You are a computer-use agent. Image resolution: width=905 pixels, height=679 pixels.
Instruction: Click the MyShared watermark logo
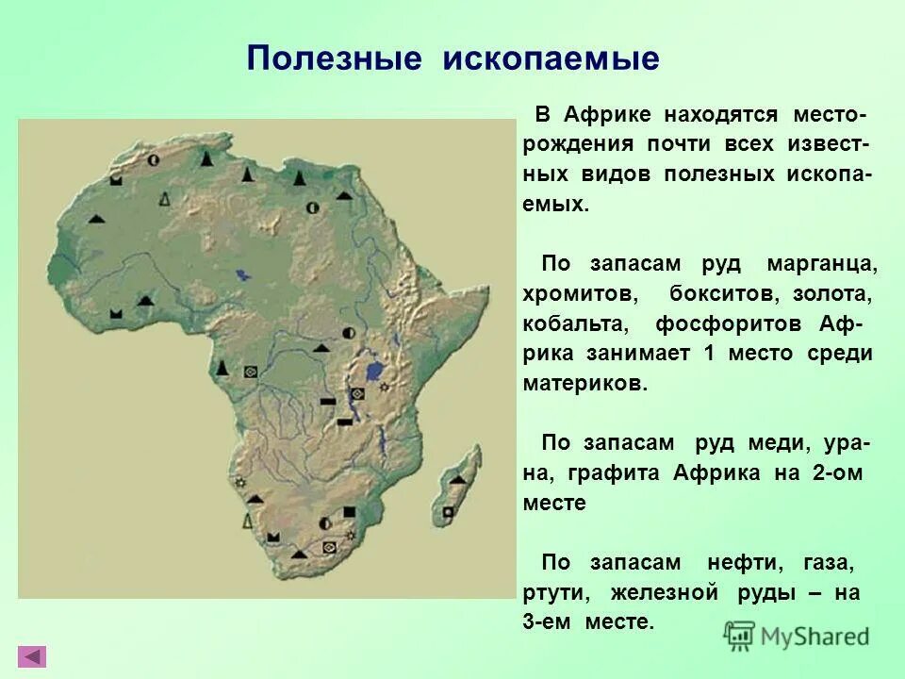(797, 635)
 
